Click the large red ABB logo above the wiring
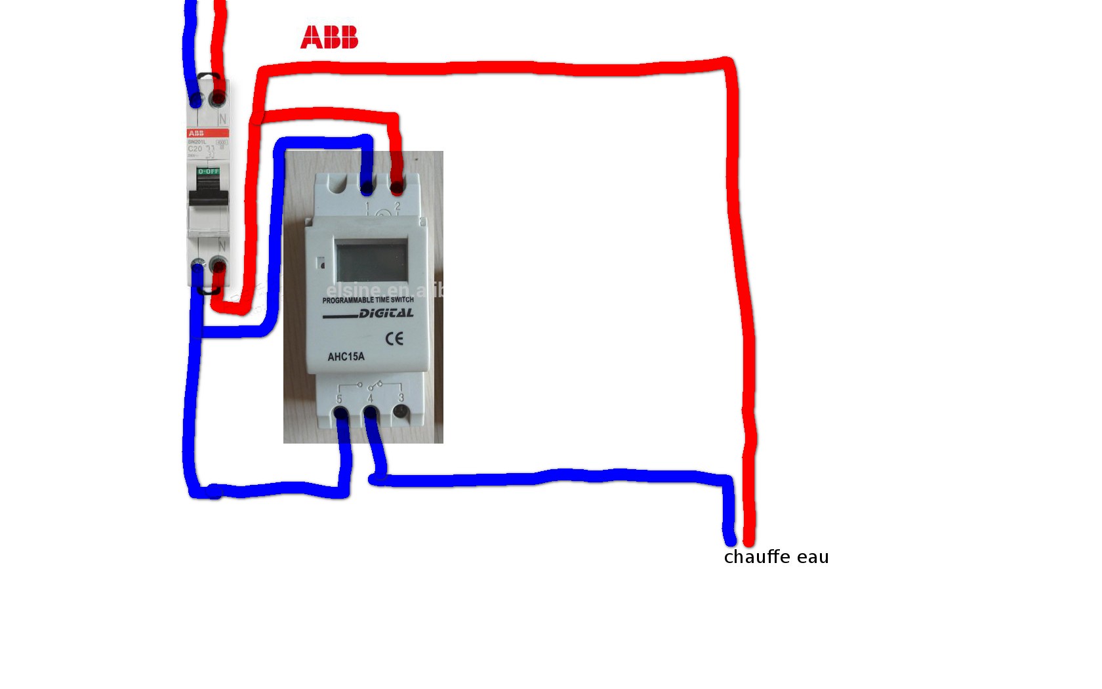(329, 37)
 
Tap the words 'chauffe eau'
(776, 557)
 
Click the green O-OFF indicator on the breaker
(209, 171)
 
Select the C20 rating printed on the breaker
(195, 149)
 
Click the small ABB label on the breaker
(195, 133)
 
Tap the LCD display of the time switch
(371, 260)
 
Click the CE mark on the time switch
(394, 339)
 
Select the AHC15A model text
(346, 357)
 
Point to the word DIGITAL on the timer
(386, 314)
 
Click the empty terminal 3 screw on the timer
(400, 412)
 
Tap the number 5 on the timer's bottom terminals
(339, 398)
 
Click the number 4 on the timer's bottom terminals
(370, 398)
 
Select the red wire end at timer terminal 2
(397, 188)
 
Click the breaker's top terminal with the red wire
(218, 99)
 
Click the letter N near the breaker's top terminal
(222, 119)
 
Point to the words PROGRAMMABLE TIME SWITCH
(368, 300)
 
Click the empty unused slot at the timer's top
(337, 186)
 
